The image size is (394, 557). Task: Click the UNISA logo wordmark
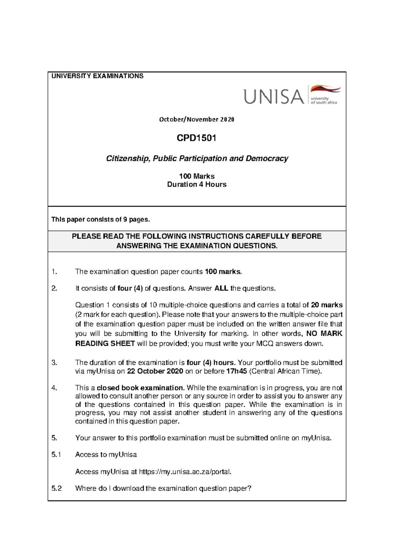pos(274,97)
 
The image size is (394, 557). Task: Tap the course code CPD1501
pos(196,138)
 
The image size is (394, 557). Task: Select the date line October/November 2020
pos(197,120)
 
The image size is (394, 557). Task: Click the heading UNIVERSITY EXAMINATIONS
pos(98,76)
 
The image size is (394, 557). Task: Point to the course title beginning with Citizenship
pos(197,159)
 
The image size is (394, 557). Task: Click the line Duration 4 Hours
pos(197,185)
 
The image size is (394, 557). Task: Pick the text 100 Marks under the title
pos(197,176)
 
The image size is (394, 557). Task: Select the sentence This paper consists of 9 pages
pos(100,219)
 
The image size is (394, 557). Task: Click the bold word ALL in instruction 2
pos(222,288)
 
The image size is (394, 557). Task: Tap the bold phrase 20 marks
pos(327,305)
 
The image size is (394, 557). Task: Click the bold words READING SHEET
pos(105,344)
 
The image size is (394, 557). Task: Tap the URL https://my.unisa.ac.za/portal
pos(185,472)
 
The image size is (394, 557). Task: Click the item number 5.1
pos(56,455)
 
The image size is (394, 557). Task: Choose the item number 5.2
pos(56,488)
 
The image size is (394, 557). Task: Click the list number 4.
pos(54,388)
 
